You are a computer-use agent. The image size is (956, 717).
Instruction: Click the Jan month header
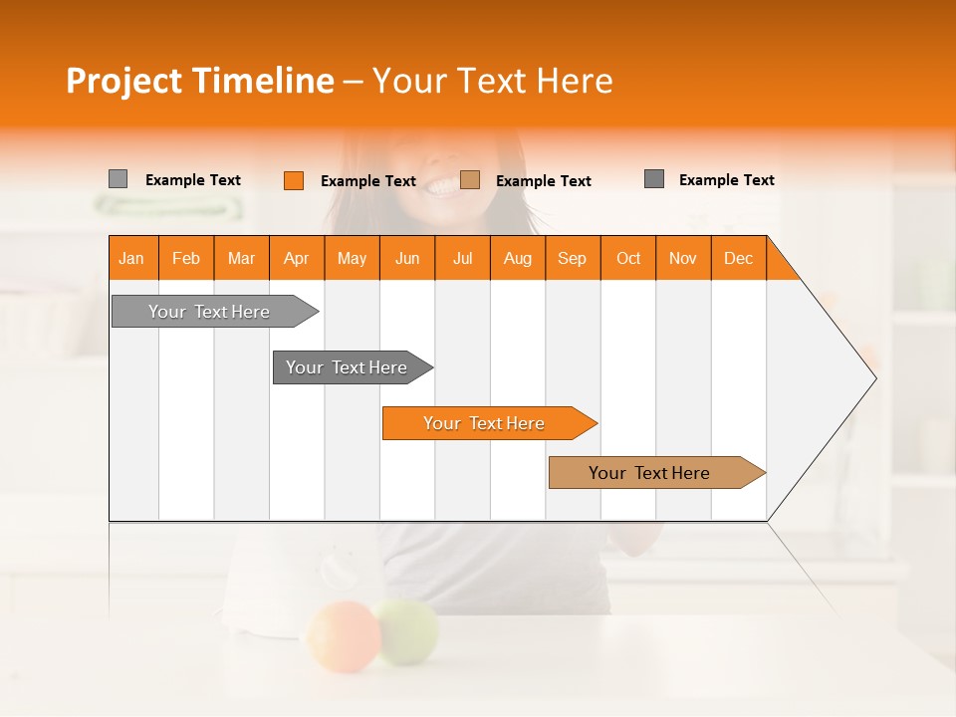(132, 258)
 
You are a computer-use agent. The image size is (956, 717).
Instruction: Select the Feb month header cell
(186, 258)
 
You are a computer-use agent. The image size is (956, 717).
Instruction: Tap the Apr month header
(297, 258)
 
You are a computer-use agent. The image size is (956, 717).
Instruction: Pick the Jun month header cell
(407, 258)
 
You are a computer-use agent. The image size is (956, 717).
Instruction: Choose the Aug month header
(518, 258)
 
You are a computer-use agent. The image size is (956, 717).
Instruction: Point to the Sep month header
(573, 258)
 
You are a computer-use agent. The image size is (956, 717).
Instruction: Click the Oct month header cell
(628, 258)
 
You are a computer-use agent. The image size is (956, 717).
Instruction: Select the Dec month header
(739, 258)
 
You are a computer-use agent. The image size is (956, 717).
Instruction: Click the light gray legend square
(119, 179)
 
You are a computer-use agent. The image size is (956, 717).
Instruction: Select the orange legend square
(294, 180)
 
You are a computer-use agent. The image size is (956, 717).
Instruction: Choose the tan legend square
(470, 180)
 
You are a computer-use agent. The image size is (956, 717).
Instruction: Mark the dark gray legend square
(654, 179)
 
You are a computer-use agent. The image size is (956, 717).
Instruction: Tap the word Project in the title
(124, 81)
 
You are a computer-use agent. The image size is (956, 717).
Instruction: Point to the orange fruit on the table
(342, 635)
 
